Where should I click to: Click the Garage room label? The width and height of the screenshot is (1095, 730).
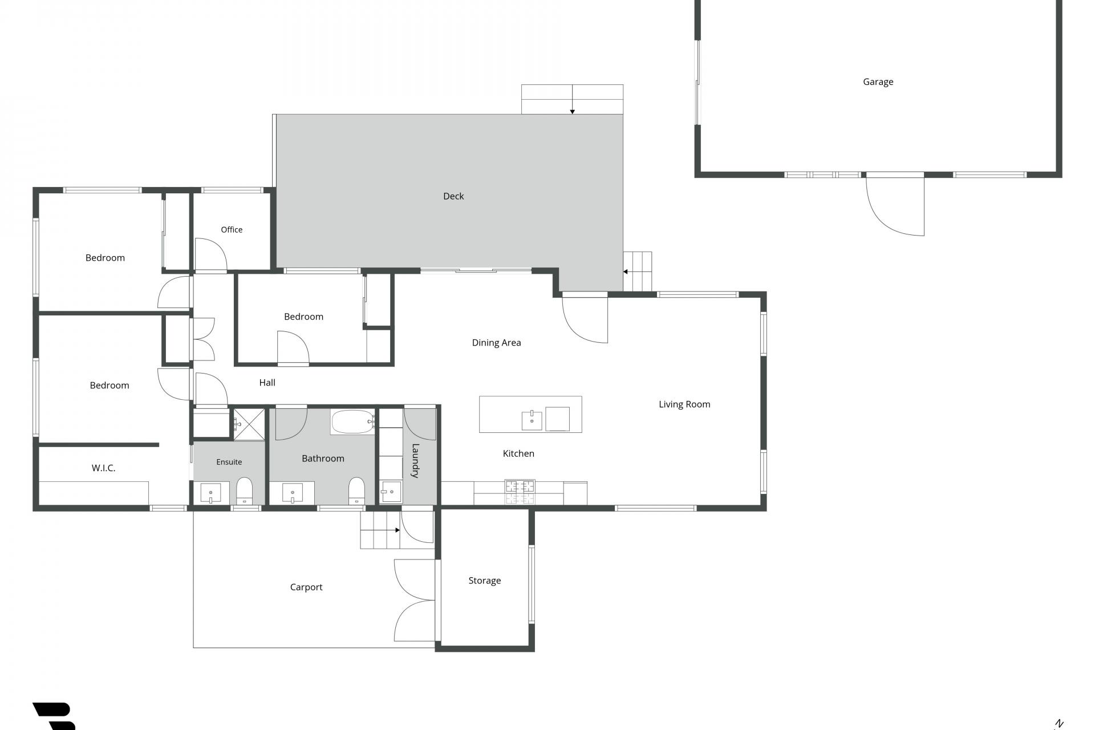pyautogui.click(x=878, y=82)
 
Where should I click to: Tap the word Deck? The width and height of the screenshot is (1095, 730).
pyautogui.click(x=453, y=196)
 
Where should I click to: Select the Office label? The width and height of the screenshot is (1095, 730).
pyautogui.click(x=232, y=230)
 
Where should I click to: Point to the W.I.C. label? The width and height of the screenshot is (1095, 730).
pyautogui.click(x=103, y=468)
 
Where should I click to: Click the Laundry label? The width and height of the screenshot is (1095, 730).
pyautogui.click(x=415, y=461)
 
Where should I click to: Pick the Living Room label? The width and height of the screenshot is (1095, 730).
pyautogui.click(x=684, y=404)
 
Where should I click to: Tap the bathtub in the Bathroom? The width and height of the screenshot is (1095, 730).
pyautogui.click(x=353, y=422)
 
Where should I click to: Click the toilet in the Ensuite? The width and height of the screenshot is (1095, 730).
pyautogui.click(x=244, y=490)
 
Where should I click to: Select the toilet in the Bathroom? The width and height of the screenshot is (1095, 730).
pyautogui.click(x=356, y=490)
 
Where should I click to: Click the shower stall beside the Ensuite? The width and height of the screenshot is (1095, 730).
pyautogui.click(x=249, y=424)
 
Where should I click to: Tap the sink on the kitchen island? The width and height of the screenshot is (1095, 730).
pyautogui.click(x=532, y=420)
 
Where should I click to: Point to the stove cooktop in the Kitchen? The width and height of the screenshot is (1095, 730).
pyautogui.click(x=520, y=492)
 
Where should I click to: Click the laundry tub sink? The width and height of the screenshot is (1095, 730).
pyautogui.click(x=391, y=492)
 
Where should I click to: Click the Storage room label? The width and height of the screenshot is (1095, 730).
pyautogui.click(x=485, y=581)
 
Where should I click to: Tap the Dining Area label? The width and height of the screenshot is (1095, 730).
pyautogui.click(x=496, y=343)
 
